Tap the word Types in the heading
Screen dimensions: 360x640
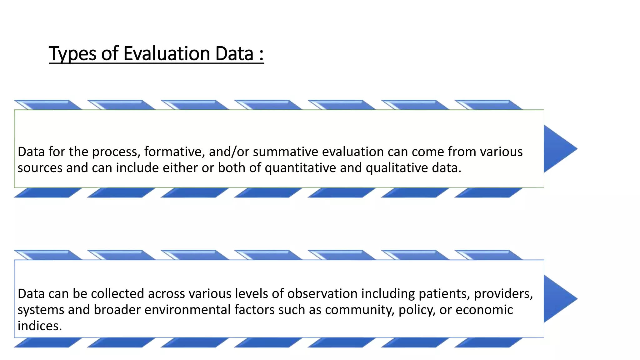point(72,53)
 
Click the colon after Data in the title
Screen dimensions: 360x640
point(261,54)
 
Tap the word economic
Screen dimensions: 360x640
point(484,310)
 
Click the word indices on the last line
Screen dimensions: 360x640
point(39,326)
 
